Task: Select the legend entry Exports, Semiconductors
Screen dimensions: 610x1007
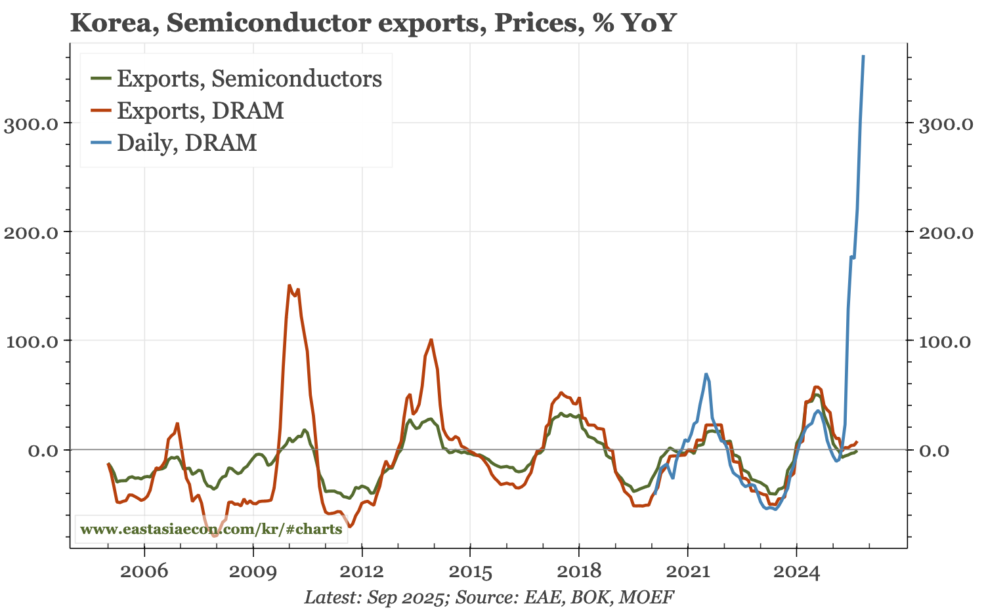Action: (x=249, y=79)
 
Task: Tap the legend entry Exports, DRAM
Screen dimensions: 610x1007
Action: (x=200, y=110)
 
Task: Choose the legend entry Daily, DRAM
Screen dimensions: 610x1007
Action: (x=186, y=142)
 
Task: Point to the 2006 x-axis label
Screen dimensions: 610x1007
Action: (x=144, y=572)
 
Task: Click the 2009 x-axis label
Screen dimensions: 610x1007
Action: (x=253, y=572)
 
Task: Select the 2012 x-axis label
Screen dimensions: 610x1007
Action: (x=362, y=572)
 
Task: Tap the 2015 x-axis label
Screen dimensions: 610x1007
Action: (x=470, y=572)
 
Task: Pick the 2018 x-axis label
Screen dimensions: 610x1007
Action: (x=579, y=572)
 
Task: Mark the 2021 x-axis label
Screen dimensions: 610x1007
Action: (x=687, y=572)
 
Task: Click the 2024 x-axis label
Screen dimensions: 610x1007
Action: (x=796, y=572)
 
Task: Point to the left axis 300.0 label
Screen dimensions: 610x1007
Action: (x=33, y=124)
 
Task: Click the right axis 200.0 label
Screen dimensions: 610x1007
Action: (x=945, y=233)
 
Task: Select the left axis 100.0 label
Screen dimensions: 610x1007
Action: (x=33, y=341)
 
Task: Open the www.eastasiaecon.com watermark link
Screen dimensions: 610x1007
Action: (x=211, y=529)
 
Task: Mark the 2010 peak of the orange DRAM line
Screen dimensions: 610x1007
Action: (x=289, y=285)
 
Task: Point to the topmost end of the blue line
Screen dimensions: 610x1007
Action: (x=863, y=56)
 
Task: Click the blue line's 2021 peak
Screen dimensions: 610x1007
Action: (x=706, y=374)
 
